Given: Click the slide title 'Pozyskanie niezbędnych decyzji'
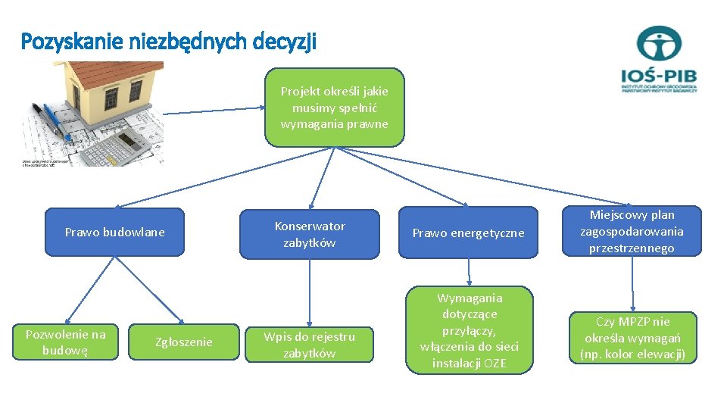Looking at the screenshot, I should coord(168,41).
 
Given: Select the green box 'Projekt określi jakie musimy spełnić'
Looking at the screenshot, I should coord(334,107).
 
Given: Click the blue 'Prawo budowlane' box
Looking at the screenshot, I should coord(114,232).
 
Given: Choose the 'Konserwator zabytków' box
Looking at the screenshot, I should coord(309,234).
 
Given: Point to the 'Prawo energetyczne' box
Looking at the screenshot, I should coord(468,233).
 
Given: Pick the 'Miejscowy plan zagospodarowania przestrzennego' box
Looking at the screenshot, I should coord(632,231).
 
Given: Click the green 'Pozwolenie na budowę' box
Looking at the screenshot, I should coord(66,342).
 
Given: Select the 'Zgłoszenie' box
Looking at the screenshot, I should coord(184,342).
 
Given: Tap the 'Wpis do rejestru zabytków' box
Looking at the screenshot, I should coord(309,344).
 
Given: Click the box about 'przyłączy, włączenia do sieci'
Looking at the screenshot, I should coord(469,330).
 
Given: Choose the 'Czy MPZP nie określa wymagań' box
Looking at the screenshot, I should coord(632,338).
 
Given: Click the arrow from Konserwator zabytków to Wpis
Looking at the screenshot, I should coord(309,292).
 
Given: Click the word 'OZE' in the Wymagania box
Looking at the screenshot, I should coord(495,363).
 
